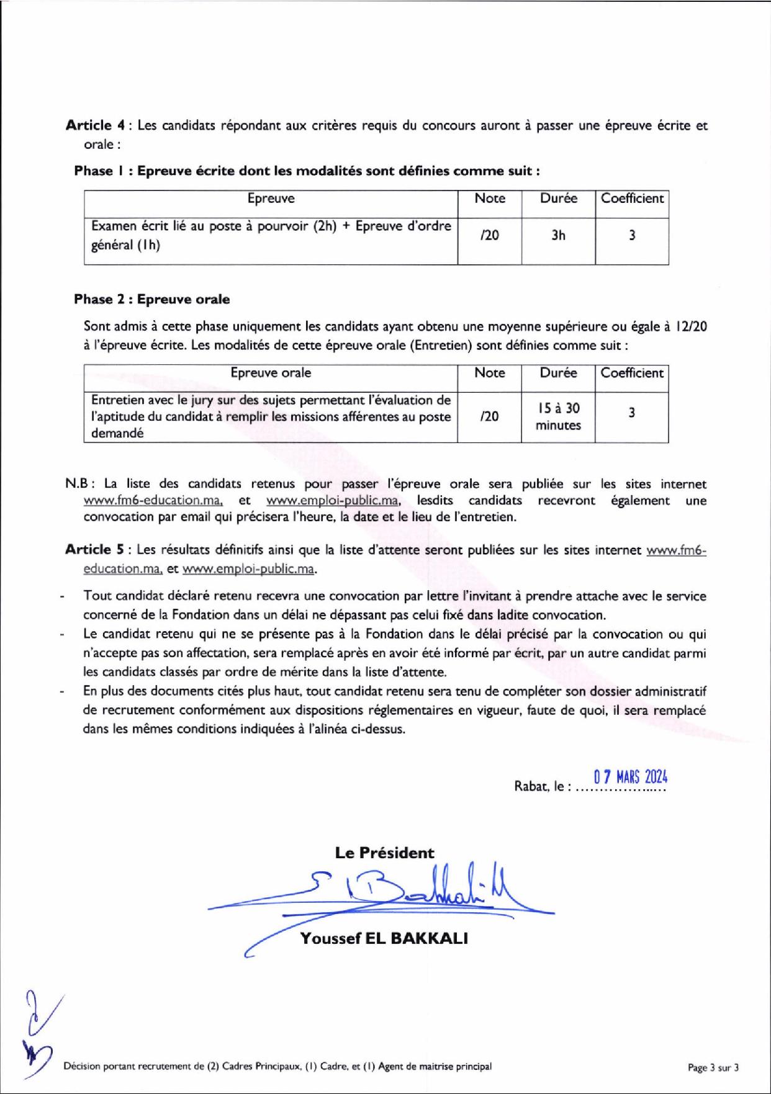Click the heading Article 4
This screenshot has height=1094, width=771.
[x=97, y=125]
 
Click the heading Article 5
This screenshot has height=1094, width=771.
[x=97, y=550]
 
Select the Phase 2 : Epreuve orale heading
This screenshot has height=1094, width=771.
[x=151, y=299]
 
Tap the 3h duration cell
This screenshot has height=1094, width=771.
[x=558, y=235]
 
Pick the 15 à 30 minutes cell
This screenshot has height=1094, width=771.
[x=558, y=416]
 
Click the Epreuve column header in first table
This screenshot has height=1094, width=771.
[x=271, y=199]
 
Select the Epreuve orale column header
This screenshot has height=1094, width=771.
[x=271, y=373]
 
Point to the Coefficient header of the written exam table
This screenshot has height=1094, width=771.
[x=632, y=199]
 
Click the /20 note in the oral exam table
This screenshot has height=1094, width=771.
[x=489, y=416]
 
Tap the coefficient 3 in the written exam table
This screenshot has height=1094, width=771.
[x=632, y=235]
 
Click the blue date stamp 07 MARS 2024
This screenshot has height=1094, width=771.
[x=630, y=777]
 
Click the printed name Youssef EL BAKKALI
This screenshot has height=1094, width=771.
[x=384, y=938]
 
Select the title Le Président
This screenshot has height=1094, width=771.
[x=385, y=853]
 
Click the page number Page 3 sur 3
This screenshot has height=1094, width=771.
[x=713, y=1067]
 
